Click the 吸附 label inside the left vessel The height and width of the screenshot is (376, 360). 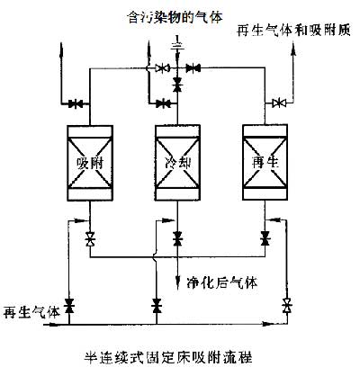click(90, 163)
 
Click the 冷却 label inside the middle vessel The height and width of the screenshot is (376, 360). click(178, 163)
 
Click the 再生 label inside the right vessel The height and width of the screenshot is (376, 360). click(265, 163)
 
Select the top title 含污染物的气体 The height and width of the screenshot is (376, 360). click(175, 17)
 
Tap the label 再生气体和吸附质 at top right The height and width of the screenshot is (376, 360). click(293, 31)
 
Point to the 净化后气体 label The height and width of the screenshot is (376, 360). click(221, 282)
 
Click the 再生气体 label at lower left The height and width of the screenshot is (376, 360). click(31, 312)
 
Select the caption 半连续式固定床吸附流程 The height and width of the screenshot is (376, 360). click(168, 358)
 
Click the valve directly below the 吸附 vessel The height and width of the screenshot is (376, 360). click(90, 239)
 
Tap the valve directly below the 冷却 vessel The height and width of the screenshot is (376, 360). click(177, 239)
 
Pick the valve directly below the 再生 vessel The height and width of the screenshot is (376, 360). click(265, 238)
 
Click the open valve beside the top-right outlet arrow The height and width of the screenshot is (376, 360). click(279, 103)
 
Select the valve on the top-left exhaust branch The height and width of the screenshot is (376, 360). click(76, 104)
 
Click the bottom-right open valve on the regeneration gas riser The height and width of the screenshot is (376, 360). click(287, 306)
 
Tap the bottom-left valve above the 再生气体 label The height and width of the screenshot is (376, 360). click(69, 306)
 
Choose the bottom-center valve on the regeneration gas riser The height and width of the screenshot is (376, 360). click(157, 306)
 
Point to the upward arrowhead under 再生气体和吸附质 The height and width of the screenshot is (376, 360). click(293, 49)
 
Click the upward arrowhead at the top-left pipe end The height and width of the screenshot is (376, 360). click(61, 49)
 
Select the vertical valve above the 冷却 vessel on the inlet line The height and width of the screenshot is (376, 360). click(177, 85)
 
